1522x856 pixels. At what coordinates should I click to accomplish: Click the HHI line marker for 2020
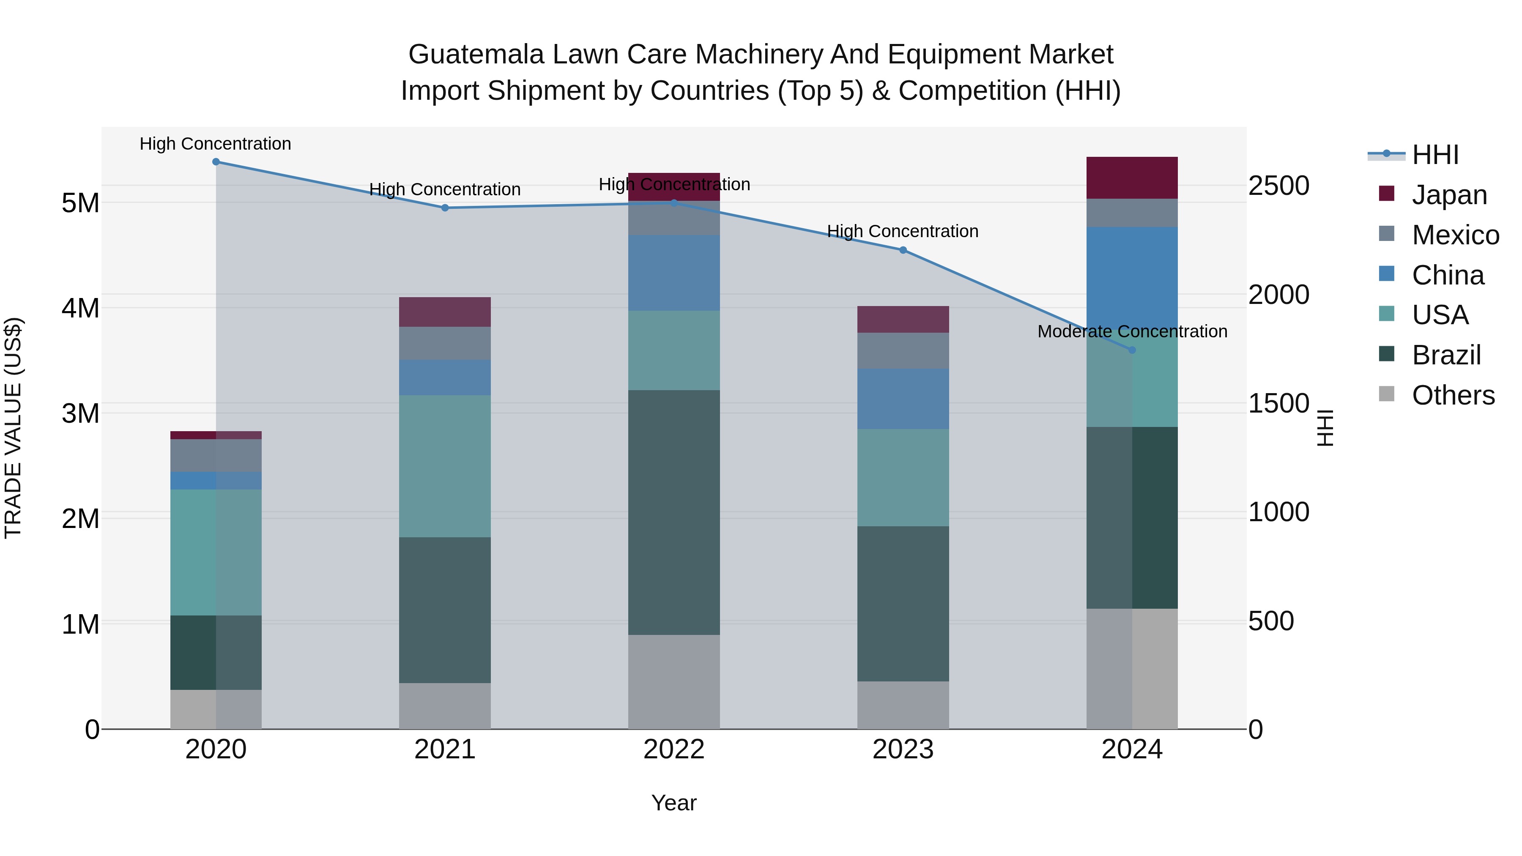tap(216, 162)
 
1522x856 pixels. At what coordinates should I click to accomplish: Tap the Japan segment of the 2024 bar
tap(1132, 178)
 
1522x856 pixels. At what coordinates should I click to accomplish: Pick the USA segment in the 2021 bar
tap(445, 466)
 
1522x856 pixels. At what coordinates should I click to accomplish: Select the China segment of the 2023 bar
tap(903, 399)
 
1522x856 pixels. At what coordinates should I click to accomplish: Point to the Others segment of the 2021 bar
tap(445, 706)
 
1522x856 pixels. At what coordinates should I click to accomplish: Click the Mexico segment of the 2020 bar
tap(216, 455)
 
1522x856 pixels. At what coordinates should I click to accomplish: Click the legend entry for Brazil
tap(1446, 355)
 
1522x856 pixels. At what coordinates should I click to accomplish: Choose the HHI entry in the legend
tap(1435, 155)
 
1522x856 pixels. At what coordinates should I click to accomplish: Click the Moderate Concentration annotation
tap(1132, 331)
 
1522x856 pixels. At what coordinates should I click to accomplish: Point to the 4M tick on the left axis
tap(80, 308)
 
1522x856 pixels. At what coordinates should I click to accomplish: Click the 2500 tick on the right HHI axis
tap(1278, 186)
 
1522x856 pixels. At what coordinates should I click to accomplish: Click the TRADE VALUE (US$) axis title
tap(13, 428)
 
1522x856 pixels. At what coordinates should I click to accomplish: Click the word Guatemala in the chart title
tap(476, 55)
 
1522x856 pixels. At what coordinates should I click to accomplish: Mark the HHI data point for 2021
tap(445, 208)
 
